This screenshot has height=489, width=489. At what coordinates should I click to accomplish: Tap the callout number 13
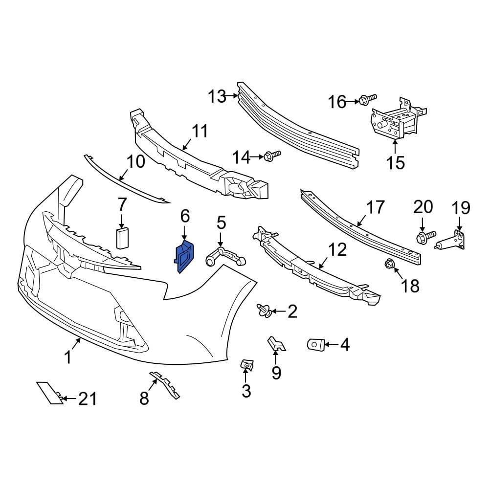(217, 97)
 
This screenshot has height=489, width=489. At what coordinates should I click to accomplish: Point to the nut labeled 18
(390, 265)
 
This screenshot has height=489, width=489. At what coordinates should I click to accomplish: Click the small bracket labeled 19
(454, 241)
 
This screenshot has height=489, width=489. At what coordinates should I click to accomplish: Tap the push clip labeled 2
(265, 310)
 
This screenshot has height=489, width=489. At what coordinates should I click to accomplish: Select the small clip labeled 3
(246, 364)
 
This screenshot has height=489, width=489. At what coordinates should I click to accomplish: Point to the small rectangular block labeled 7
(122, 238)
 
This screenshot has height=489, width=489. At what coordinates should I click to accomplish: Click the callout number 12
(337, 250)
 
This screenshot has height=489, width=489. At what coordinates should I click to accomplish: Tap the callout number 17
(376, 207)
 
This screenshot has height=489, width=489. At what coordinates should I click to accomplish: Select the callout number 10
(136, 161)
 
